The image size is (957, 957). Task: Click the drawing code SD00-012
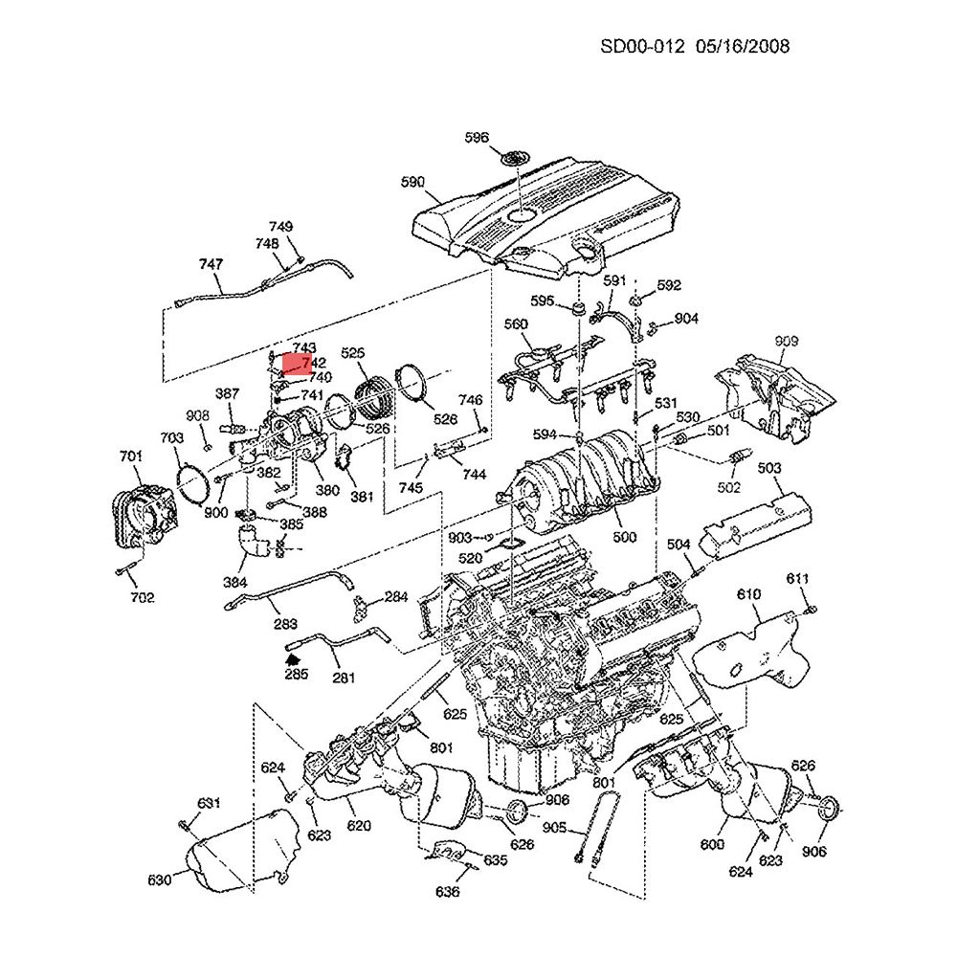pyautogui.click(x=641, y=46)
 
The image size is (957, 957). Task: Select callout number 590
pyautogui.click(x=412, y=182)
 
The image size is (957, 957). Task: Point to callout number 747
pyautogui.click(x=211, y=263)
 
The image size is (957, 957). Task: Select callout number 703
pyautogui.click(x=171, y=438)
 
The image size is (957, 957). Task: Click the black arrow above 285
pyautogui.click(x=293, y=657)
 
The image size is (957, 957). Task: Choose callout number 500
pyautogui.click(x=624, y=537)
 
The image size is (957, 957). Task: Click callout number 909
pyautogui.click(x=786, y=341)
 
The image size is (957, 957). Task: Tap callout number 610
pyautogui.click(x=748, y=594)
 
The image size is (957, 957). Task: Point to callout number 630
pyautogui.click(x=160, y=879)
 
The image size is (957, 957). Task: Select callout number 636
pyautogui.click(x=447, y=892)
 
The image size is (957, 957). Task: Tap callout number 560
pyautogui.click(x=516, y=325)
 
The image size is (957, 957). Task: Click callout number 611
pyautogui.click(x=798, y=579)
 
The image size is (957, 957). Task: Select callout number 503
pyautogui.click(x=768, y=468)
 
